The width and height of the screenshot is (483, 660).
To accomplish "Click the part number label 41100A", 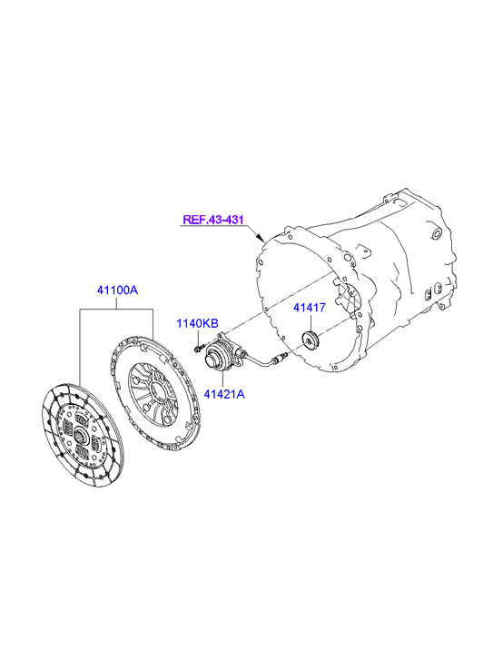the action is click(117, 290).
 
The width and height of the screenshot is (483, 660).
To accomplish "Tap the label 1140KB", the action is click(197, 323).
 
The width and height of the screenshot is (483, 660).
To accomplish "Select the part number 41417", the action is click(310, 308).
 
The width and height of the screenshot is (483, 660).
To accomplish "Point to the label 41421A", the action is click(224, 394).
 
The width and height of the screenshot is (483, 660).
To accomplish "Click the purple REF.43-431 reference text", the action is click(213, 220).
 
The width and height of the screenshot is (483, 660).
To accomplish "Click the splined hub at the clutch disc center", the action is click(82, 436).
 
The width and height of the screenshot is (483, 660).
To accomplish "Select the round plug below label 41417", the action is click(310, 340).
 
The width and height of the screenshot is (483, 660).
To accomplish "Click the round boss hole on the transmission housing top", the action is click(437, 233).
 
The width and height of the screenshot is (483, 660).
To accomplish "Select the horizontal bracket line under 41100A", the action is click(116, 310).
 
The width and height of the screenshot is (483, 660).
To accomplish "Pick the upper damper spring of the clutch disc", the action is click(82, 419).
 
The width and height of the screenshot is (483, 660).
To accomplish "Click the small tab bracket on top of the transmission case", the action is click(364, 251).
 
